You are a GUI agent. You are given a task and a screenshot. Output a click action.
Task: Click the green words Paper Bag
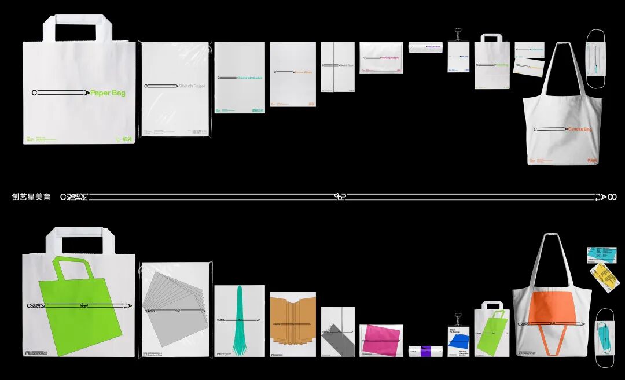[x=108, y=93]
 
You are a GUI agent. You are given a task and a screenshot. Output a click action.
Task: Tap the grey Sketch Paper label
[x=192, y=86]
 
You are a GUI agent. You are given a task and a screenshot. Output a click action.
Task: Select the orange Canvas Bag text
[x=579, y=130]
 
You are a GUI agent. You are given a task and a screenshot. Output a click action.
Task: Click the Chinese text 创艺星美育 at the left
[x=31, y=197]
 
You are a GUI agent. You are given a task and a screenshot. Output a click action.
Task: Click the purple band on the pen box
[x=426, y=351]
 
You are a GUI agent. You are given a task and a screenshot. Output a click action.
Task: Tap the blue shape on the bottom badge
[x=457, y=337]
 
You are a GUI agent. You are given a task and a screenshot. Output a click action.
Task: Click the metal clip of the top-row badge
[x=457, y=32]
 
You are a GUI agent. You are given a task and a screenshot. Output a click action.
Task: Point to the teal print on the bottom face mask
[x=603, y=338]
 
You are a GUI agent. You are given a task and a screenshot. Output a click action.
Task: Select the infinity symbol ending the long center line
[x=612, y=197]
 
